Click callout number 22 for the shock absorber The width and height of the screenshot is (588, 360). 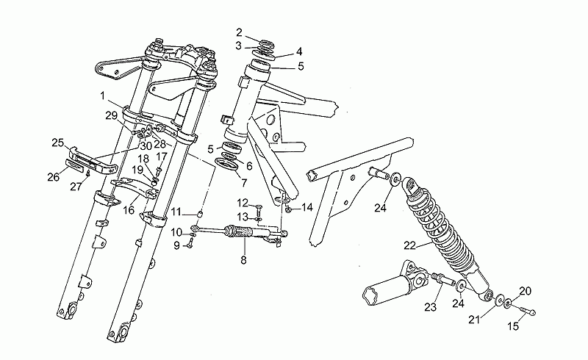click(x=410, y=245)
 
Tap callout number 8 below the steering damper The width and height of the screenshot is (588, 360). click(x=243, y=260)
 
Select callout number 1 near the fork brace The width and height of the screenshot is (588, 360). click(x=102, y=96)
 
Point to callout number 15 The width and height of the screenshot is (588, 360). click(x=513, y=326)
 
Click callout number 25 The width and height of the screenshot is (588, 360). click(x=58, y=143)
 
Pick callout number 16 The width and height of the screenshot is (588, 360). click(x=128, y=210)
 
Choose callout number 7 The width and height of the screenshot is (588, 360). click(x=244, y=183)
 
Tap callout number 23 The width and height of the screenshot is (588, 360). click(x=431, y=307)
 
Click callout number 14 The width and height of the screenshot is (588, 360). click(x=307, y=207)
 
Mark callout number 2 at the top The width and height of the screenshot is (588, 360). click(x=240, y=32)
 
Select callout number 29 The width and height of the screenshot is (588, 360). click(x=112, y=115)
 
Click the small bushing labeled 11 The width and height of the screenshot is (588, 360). click(x=201, y=215)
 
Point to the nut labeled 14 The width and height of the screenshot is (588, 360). click(x=288, y=211)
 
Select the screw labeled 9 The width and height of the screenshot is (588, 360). click(x=190, y=246)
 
